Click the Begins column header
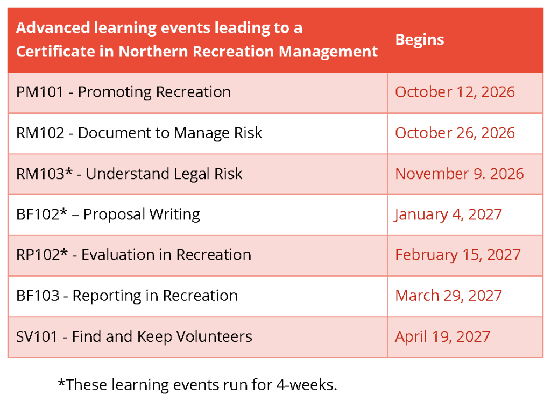420,40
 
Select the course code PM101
40,92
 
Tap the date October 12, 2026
455,92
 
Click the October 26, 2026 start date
455,133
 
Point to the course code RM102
40,133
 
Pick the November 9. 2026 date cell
460,174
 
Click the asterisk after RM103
69,171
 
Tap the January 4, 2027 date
448,214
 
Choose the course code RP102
38,255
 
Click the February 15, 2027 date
457,255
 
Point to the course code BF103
38,296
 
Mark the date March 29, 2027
448,296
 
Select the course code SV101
37,336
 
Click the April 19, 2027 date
442,337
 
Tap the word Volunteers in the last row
214,336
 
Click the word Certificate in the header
55,52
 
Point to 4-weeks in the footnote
306,385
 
